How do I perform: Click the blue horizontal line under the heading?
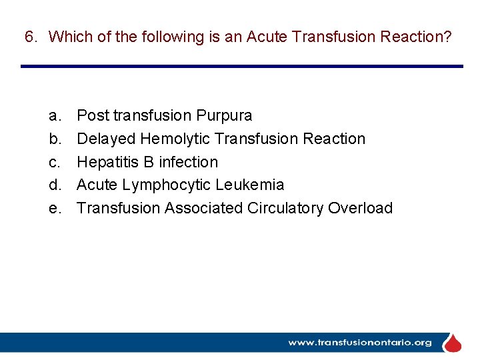[x=241, y=66]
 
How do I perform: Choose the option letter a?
[x=54, y=116]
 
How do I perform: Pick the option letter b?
[x=54, y=139]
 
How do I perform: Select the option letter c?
[x=54, y=162]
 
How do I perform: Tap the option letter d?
[x=54, y=185]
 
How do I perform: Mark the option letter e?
[x=54, y=208]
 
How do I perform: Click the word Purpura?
[x=224, y=116]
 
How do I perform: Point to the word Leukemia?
[x=250, y=185]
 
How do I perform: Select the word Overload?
[x=361, y=208]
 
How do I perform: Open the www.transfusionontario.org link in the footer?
[x=359, y=343]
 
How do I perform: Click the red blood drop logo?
[x=453, y=343]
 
